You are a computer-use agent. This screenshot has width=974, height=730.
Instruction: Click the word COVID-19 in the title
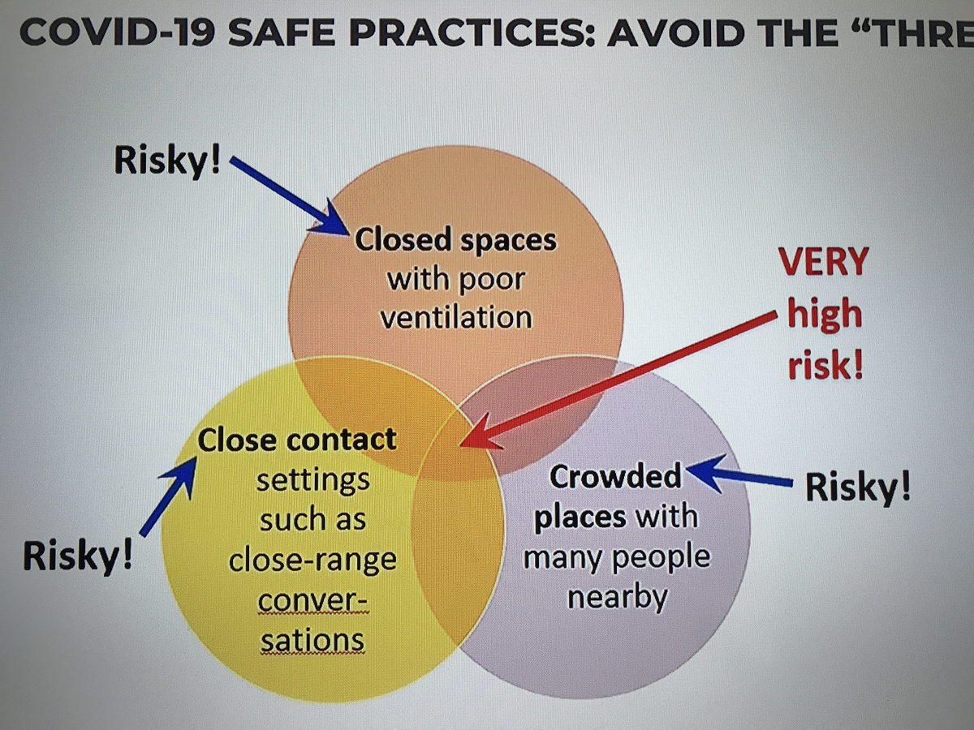click(x=118, y=33)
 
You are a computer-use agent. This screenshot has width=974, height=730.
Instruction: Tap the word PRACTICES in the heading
click(x=465, y=33)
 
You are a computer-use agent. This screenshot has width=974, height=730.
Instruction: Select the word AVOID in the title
click(x=675, y=33)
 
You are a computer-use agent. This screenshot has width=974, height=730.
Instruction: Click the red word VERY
click(x=824, y=262)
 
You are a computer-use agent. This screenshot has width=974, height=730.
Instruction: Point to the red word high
click(x=825, y=315)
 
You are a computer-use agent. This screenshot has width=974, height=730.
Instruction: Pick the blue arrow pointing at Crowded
click(x=739, y=476)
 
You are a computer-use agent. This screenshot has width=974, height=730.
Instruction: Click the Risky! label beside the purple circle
click(x=858, y=487)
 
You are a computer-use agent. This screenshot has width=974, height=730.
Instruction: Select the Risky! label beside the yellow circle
click(x=78, y=556)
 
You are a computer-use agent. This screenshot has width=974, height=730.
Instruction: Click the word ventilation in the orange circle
click(x=457, y=318)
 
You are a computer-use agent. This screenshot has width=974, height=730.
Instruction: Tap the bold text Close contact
click(x=297, y=440)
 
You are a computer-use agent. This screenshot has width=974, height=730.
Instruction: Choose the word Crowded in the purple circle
click(x=615, y=476)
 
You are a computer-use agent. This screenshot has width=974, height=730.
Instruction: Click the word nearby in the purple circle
click(x=618, y=598)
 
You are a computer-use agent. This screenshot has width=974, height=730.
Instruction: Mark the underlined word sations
click(x=312, y=640)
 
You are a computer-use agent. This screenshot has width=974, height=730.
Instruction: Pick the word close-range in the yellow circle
click(x=312, y=560)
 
